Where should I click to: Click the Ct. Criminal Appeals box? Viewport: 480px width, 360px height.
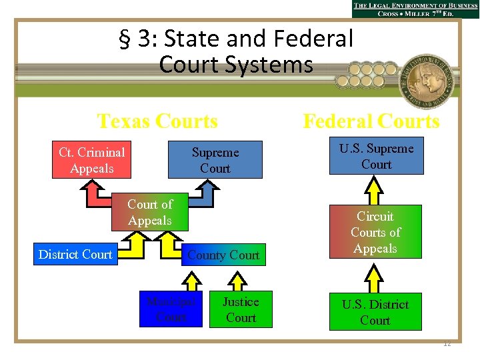point(92,160)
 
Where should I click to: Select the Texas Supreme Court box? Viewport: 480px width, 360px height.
point(215,160)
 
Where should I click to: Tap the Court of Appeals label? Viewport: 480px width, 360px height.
point(150,212)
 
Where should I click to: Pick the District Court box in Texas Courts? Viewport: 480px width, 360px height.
point(76,254)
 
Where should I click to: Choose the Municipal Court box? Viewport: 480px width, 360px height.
point(171,309)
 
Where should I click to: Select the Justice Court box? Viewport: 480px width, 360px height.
point(241,309)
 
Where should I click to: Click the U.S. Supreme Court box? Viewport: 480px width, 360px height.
point(376,157)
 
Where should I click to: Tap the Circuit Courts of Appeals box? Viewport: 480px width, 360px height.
point(375,231)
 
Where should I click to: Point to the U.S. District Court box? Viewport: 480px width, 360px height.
point(375,312)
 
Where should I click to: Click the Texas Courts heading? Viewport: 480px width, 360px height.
point(157,121)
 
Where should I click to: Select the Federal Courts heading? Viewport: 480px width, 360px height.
point(371,121)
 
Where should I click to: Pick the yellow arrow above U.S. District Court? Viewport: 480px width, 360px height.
point(376,275)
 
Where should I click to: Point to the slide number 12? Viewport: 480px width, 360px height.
point(447,343)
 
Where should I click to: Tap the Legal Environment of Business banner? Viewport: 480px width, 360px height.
point(415,9)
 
